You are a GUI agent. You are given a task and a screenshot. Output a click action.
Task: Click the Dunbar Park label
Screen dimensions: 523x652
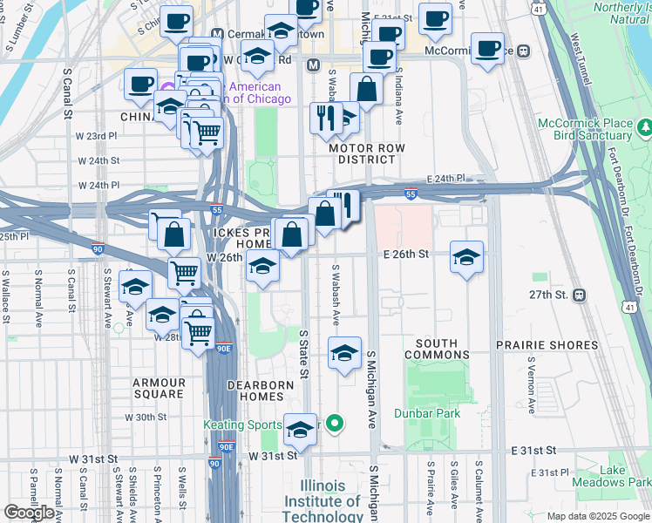426,413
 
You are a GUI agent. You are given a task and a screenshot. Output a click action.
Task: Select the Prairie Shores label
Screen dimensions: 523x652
547,346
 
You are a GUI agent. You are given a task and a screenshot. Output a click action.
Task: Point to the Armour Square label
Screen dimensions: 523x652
159,388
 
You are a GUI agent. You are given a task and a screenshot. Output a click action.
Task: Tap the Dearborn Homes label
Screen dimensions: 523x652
256,390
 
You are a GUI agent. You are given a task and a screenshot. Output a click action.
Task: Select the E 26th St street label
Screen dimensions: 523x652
406,255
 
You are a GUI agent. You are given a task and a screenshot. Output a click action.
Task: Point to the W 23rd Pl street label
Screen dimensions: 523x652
96,137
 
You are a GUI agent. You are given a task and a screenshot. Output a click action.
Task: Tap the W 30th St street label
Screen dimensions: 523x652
145,418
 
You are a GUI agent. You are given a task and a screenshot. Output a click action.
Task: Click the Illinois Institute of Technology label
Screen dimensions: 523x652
323,500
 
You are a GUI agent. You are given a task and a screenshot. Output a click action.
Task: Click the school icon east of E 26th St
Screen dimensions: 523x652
466,257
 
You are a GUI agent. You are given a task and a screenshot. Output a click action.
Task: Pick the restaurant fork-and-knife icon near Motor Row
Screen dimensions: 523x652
324,118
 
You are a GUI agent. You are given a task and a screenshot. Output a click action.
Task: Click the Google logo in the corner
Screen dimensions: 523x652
29,513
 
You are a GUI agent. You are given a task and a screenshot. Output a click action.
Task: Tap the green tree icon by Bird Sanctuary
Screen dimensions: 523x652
645,129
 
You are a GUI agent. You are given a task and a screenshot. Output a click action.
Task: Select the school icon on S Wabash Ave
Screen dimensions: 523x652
344,353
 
